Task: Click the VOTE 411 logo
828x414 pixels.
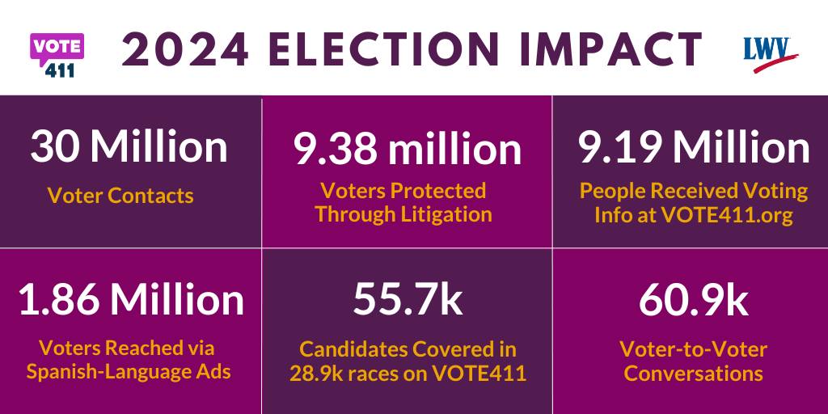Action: pyautogui.click(x=57, y=54)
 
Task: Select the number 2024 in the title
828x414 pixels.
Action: pyautogui.click(x=175, y=49)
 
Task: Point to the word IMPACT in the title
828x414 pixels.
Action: pyautogui.click(x=606, y=49)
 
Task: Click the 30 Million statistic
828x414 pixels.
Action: pyautogui.click(x=129, y=148)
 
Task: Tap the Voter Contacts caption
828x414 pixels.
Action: pyautogui.click(x=120, y=195)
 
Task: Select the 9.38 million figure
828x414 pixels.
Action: pyautogui.click(x=407, y=150)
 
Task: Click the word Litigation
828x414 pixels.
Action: pyautogui.click(x=447, y=214)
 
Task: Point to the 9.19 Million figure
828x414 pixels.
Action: pyautogui.click(x=693, y=148)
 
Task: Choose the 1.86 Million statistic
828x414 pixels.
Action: pyautogui.click(x=130, y=299)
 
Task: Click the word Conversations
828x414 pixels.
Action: pyautogui.click(x=693, y=374)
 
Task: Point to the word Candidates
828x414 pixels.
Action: pyautogui.click(x=354, y=350)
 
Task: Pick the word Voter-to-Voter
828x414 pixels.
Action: pyautogui.click(x=693, y=350)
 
